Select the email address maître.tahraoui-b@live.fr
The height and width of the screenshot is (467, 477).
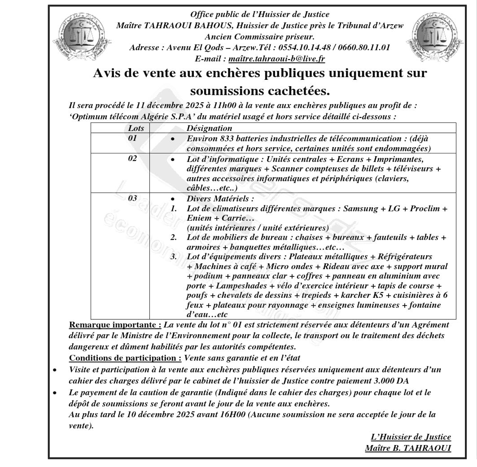tap(277, 58)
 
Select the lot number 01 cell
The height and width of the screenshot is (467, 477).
tap(132, 138)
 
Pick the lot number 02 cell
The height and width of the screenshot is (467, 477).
tap(132, 158)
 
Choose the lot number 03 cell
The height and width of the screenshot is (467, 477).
tap(132, 198)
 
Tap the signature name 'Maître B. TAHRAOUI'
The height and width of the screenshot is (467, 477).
tap(408, 448)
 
